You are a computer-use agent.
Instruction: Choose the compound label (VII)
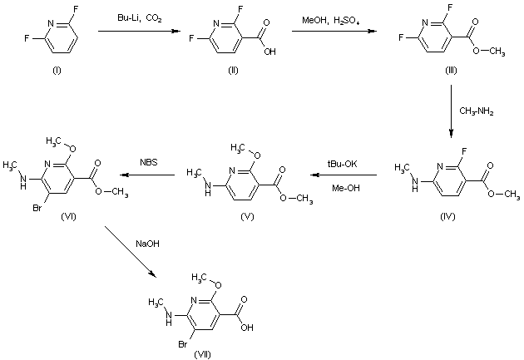click(202, 354)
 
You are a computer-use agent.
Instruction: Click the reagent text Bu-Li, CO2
click(139, 17)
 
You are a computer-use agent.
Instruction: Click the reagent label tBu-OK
click(340, 165)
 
